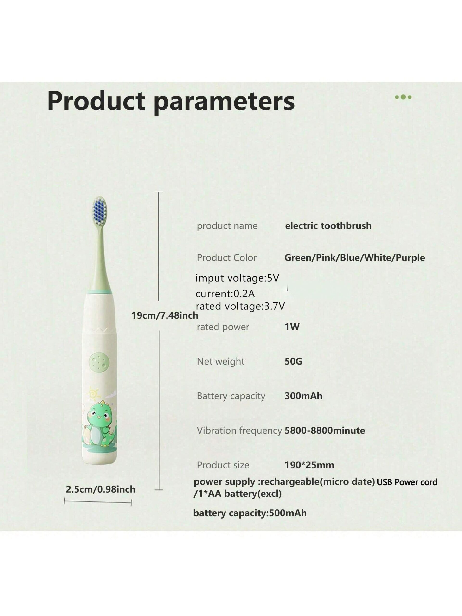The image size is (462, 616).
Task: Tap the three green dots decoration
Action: coord(403,97)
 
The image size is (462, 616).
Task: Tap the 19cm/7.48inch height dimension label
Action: coord(165,315)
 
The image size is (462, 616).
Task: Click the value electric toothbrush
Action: coord(328,225)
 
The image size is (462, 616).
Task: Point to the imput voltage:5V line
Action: coord(237,278)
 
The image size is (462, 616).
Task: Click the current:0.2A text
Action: coord(225,294)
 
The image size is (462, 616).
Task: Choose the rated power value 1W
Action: coord(292,327)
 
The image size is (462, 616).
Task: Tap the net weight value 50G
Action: coord(293,361)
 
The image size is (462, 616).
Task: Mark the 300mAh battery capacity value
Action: coord(303,396)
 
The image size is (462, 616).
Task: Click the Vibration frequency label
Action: coord(239,430)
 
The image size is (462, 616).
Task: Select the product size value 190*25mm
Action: coord(309,465)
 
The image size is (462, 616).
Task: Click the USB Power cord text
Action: coord(407,482)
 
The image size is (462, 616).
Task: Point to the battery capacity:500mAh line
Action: coord(250,513)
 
